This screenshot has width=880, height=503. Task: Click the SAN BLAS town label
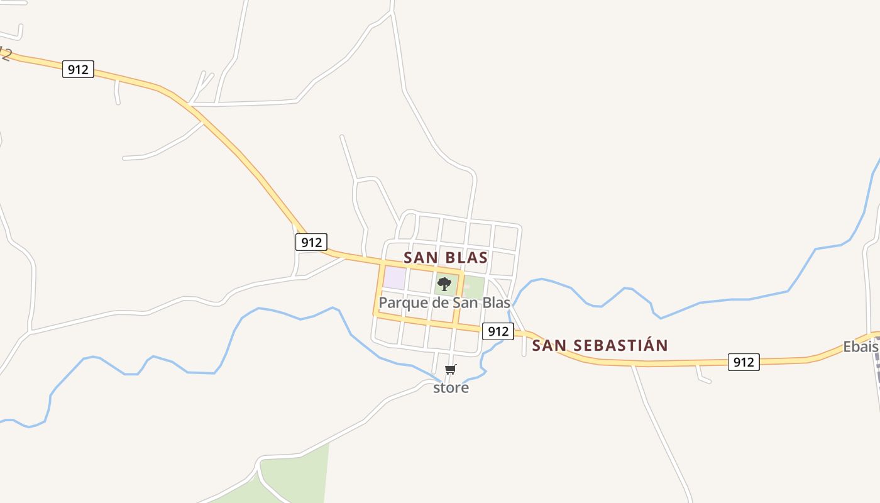[x=446, y=258]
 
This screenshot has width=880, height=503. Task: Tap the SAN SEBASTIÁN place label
[x=600, y=346]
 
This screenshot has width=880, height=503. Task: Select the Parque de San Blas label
[x=444, y=303]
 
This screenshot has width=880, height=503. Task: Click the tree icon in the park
[x=444, y=284]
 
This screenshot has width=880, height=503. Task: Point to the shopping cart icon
[x=451, y=370]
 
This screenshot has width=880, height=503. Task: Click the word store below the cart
[x=451, y=388]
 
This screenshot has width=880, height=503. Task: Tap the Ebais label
[x=860, y=347]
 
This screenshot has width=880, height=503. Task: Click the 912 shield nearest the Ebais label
[x=744, y=362]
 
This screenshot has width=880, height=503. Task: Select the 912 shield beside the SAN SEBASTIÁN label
[x=498, y=331]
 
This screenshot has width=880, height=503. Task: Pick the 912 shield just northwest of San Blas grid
[x=311, y=242]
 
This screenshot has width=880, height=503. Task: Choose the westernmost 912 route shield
[x=78, y=69]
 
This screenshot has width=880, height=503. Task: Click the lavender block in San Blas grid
[x=394, y=278]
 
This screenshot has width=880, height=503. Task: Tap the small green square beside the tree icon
[x=475, y=287]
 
